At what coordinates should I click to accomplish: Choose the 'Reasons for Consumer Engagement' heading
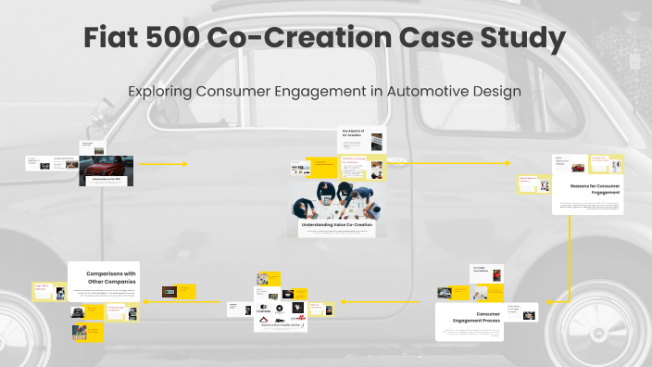pos(595,189)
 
